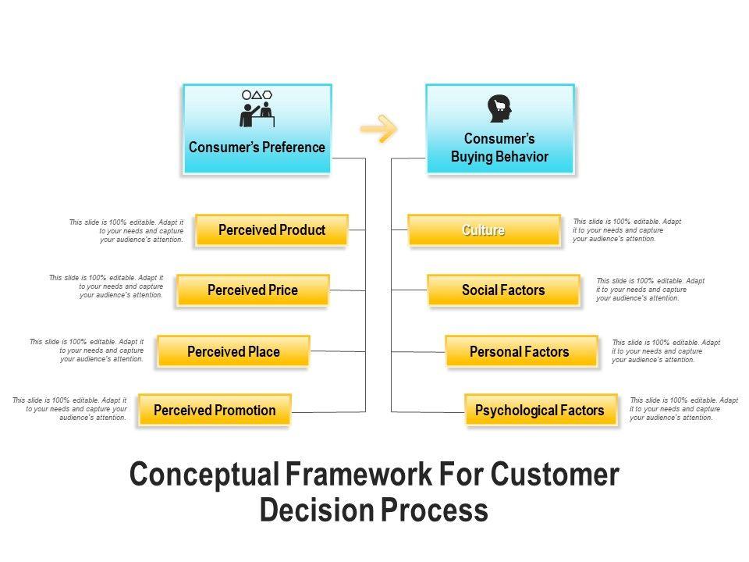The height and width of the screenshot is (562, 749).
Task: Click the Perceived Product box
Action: pyautogui.click(x=272, y=230)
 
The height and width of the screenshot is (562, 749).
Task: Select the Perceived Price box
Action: pyautogui.click(x=253, y=290)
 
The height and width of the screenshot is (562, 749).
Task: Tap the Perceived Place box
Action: pyautogui.click(x=233, y=352)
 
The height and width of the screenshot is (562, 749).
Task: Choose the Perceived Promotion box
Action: pyautogui.click(x=215, y=410)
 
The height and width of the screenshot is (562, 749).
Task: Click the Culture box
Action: pyautogui.click(x=484, y=230)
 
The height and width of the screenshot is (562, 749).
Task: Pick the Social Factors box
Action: pyautogui.click(x=503, y=290)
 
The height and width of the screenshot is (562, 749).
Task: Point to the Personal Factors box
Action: pyautogui.click(x=520, y=352)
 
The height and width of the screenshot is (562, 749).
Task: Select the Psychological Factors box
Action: pyautogui.click(x=540, y=410)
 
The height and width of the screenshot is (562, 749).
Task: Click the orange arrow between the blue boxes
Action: pyautogui.click(x=379, y=129)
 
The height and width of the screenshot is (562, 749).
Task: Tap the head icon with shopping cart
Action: pyautogui.click(x=499, y=109)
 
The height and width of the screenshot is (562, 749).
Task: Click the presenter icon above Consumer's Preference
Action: pyautogui.click(x=257, y=108)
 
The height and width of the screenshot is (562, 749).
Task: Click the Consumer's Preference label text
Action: pyautogui.click(x=257, y=147)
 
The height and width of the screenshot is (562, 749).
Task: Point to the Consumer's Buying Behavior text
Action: pyautogui.click(x=499, y=148)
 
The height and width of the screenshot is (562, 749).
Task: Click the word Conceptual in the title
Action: pyautogui.click(x=202, y=475)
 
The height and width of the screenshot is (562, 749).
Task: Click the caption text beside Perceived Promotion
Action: pyautogui.click(x=70, y=409)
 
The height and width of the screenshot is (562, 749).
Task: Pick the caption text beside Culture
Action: pyautogui.click(x=627, y=230)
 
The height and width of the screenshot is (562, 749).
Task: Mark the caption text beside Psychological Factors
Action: pyautogui.click(x=683, y=409)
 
